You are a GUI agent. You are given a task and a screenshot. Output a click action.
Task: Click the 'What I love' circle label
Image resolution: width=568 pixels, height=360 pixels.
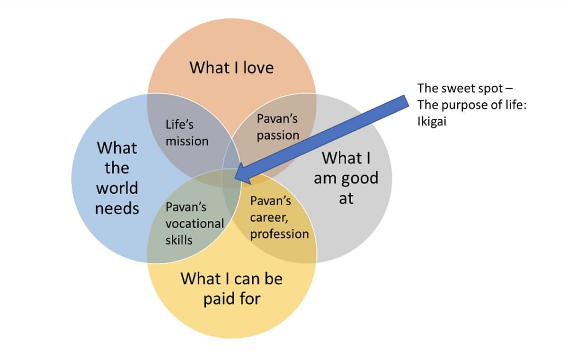[231, 67]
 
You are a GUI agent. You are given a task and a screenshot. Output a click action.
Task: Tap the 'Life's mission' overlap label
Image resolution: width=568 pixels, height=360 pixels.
[186, 133]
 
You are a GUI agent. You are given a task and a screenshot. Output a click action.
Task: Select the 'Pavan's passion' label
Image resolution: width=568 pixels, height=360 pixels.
[278, 126]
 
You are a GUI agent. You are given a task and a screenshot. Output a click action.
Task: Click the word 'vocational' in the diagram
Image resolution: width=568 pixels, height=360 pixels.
[195, 223]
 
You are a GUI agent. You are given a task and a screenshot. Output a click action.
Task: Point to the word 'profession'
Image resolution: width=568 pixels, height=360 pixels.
[279, 234]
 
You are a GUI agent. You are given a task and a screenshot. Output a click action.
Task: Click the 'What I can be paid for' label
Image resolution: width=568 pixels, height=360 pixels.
[231, 288]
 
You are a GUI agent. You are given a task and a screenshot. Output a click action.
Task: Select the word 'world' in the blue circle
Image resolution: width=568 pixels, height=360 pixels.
[117, 188]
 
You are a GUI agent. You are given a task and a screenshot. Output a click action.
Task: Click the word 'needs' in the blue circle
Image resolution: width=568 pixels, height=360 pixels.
[117, 208]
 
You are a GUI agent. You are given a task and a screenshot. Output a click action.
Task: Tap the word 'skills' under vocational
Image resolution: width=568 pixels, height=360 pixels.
[179, 240]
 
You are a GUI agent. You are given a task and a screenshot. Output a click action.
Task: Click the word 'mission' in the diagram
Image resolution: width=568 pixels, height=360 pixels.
[186, 141]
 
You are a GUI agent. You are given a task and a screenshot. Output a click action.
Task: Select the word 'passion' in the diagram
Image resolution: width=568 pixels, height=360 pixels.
[278, 135]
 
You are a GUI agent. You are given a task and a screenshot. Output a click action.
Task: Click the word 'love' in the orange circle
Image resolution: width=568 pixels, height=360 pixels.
[258, 67]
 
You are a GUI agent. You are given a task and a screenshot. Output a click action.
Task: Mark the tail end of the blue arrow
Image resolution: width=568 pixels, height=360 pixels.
[405, 102]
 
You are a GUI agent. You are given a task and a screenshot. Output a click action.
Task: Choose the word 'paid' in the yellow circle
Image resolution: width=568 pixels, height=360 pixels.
[219, 299]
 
